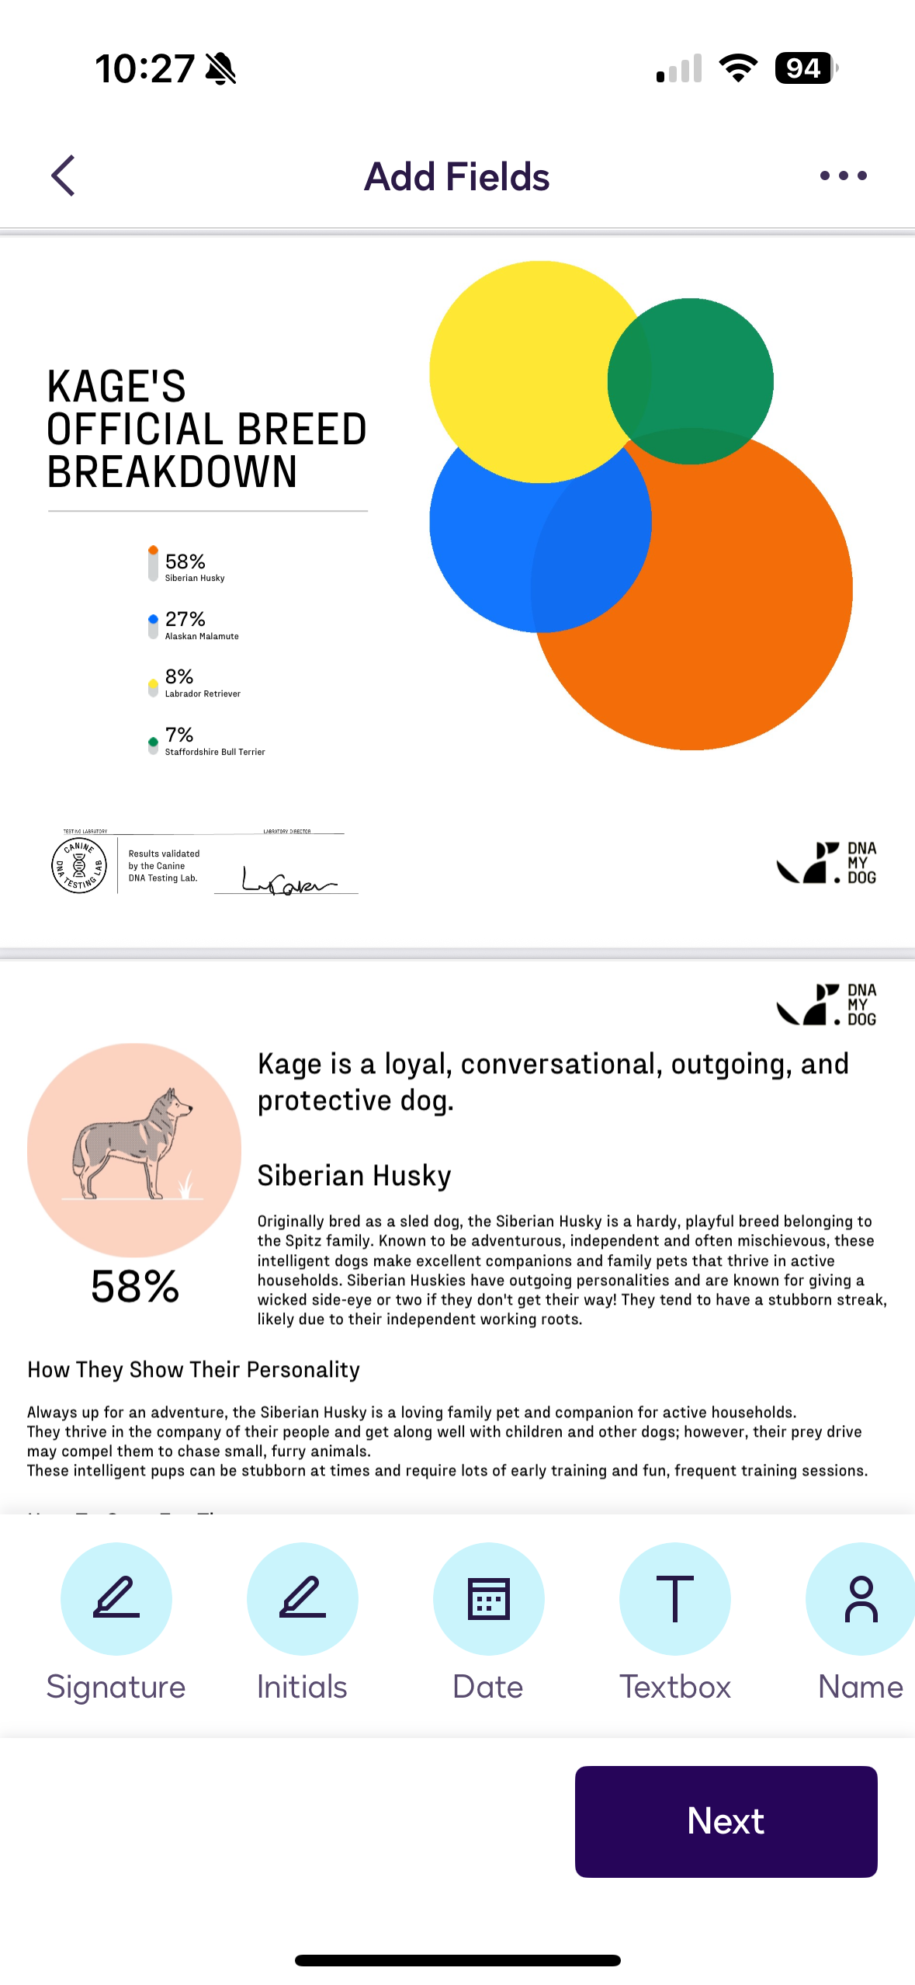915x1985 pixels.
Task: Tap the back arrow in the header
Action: [64, 176]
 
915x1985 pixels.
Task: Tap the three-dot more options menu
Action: [843, 176]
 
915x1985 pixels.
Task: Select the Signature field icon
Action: [116, 1598]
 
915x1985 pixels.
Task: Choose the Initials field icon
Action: [303, 1598]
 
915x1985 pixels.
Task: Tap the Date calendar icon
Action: [489, 1598]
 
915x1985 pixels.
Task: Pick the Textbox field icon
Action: [675, 1598]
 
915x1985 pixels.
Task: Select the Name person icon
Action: [860, 1598]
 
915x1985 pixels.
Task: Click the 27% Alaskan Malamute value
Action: [185, 619]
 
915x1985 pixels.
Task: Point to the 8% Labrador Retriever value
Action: [179, 676]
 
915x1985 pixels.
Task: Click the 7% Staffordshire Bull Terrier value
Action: [179, 735]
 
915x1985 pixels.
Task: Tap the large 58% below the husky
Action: [135, 1287]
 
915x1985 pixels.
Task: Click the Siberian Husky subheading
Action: [354, 1176]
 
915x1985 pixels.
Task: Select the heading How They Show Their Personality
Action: [193, 1369]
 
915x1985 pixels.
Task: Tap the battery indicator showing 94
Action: [805, 68]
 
